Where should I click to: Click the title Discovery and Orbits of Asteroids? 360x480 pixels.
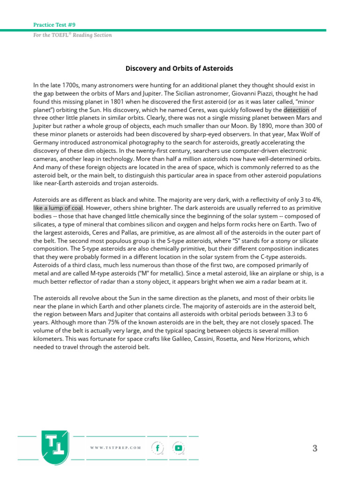click(x=180, y=68)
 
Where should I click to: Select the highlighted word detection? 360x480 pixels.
click(x=296, y=110)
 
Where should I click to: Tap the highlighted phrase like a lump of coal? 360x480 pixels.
click(x=58, y=208)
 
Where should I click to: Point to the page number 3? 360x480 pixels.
click(x=315, y=449)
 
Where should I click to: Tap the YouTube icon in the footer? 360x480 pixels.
click(x=178, y=448)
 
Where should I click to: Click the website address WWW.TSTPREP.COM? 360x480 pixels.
click(x=115, y=448)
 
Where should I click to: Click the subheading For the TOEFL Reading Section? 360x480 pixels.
click(x=73, y=35)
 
